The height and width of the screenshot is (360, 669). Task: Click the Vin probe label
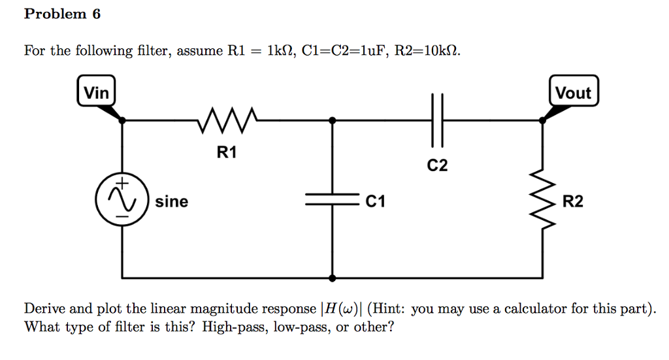97,93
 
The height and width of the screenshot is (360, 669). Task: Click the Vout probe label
572,93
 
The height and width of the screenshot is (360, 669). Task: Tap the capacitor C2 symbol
436,120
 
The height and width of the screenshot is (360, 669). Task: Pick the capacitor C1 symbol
333,202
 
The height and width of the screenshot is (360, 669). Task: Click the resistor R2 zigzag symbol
542,201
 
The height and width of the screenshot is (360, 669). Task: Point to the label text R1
227,154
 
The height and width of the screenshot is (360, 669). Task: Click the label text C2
437,166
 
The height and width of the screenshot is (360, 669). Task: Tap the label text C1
375,202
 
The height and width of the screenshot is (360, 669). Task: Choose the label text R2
572,202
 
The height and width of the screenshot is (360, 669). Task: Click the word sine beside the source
171,202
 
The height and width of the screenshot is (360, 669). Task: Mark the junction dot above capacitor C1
333,120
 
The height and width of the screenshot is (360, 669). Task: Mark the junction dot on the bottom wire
333,278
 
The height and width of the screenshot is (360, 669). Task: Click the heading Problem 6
62,14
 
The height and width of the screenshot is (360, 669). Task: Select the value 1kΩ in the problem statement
278,51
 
